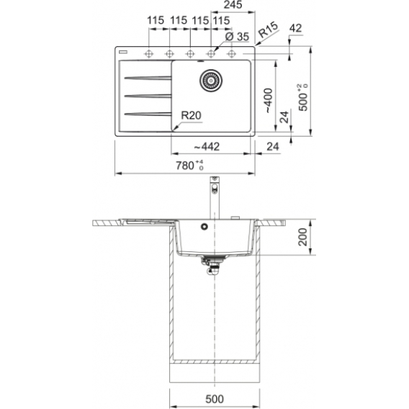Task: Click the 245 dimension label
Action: (233, 5)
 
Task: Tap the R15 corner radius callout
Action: (268, 30)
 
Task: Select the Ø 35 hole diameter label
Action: (237, 37)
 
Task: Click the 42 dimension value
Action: (295, 28)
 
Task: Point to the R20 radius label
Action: (192, 115)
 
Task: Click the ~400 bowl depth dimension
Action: (268, 101)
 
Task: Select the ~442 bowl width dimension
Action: (207, 147)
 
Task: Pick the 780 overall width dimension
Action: (189, 166)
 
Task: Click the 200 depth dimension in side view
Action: (303, 237)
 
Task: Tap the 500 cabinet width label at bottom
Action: (215, 399)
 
